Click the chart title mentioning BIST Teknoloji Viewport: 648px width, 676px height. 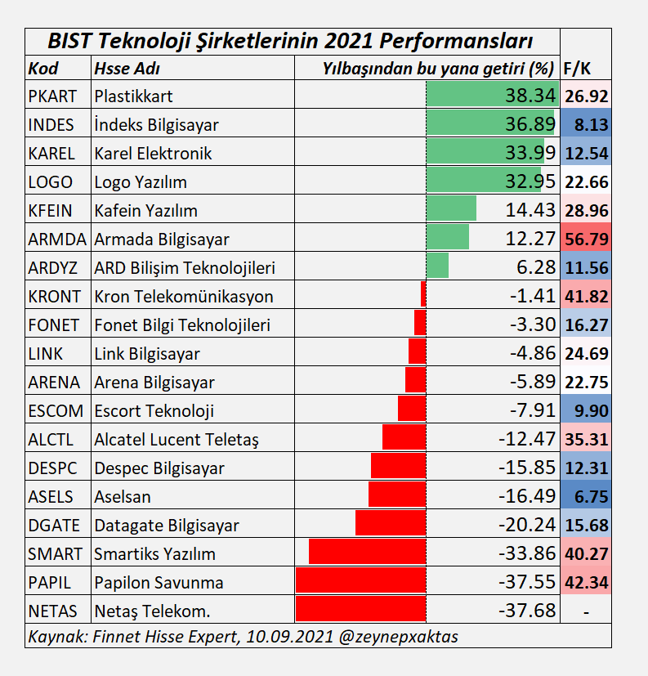pyautogui.click(x=292, y=41)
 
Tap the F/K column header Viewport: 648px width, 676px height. pyautogui.click(x=577, y=69)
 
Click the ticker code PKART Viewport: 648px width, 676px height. pyautogui.click(x=51, y=96)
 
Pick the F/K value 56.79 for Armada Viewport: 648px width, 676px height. pyautogui.click(x=586, y=240)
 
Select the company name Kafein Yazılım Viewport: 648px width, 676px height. pyautogui.click(x=145, y=211)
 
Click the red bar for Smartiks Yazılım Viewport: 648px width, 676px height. pyautogui.click(x=367, y=553)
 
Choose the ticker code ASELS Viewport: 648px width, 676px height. pyautogui.click(x=50, y=497)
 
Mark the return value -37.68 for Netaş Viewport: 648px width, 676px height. pyautogui.click(x=526, y=611)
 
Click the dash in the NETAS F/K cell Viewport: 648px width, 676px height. pyautogui.click(x=586, y=611)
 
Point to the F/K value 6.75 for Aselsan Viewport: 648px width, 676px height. pyautogui.click(x=586, y=497)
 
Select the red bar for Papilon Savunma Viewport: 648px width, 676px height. pyautogui.click(x=360, y=582)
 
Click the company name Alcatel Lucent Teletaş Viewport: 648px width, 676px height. pyautogui.click(x=177, y=440)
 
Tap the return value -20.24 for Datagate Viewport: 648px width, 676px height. pyautogui.click(x=526, y=525)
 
